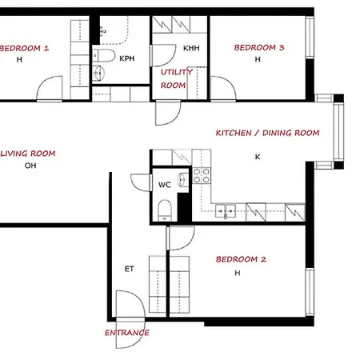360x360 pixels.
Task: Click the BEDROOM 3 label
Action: tap(258, 48)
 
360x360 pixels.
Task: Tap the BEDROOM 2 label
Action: tap(241, 259)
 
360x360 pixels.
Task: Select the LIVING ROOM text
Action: tap(30, 153)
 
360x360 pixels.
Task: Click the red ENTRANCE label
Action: tap(127, 333)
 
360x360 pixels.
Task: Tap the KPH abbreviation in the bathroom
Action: tap(126, 58)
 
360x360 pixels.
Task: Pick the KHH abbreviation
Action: tap(190, 49)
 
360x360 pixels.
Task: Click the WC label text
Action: tap(164, 185)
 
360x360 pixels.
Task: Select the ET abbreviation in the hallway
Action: tap(129, 269)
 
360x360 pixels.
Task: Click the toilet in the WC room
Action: tap(164, 210)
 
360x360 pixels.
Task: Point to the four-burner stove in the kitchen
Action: tap(201, 176)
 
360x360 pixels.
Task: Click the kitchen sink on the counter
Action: tap(225, 212)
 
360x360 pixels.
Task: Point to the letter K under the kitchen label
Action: tap(257, 157)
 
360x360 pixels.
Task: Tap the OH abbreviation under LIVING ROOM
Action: tap(31, 166)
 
